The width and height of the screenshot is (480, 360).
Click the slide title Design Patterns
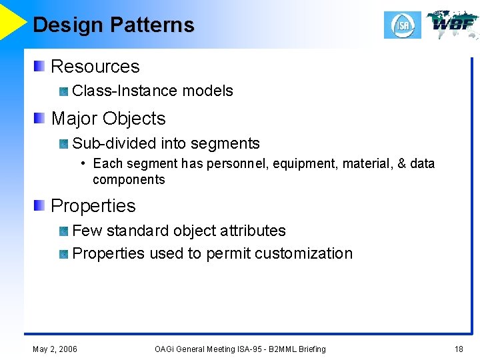[113, 25]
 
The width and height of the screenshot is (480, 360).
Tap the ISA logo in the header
[402, 25]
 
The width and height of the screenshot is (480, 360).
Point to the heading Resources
[95, 67]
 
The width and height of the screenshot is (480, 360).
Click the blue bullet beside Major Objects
[41, 118]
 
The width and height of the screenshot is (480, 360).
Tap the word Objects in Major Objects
[135, 119]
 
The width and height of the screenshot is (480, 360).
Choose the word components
[129, 179]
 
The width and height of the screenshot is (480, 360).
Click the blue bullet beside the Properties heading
[41, 205]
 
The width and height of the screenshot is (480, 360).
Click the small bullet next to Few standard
[63, 231]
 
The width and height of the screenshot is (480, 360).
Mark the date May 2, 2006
[55, 349]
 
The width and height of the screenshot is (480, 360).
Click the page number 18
[459, 349]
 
